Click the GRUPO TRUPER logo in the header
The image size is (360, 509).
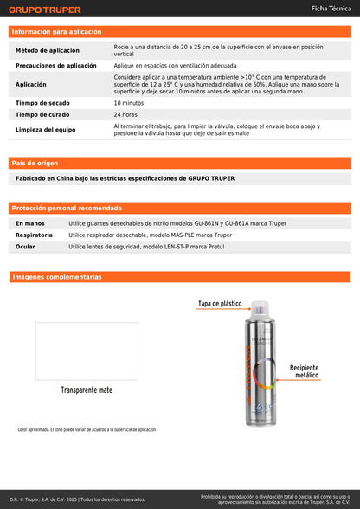pyautogui.click(x=45, y=10)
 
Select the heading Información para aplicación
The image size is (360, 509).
pyautogui.click(x=56, y=31)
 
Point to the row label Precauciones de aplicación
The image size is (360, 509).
pyautogui.click(x=56, y=66)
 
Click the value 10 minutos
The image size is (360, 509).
pyautogui.click(x=129, y=103)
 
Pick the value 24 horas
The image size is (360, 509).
pyautogui.click(x=125, y=114)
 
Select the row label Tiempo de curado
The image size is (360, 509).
pyautogui.click(x=42, y=114)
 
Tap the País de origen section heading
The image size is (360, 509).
pyautogui.click(x=35, y=163)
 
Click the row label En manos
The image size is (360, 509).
pyautogui.click(x=30, y=223)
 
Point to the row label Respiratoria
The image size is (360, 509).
pyautogui.click(x=34, y=235)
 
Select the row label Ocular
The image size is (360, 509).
pyautogui.click(x=25, y=247)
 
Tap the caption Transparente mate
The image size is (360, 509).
pyautogui.click(x=87, y=390)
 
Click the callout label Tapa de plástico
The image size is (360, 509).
pyautogui.click(x=220, y=304)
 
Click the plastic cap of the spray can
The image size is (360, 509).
pyautogui.click(x=257, y=309)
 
